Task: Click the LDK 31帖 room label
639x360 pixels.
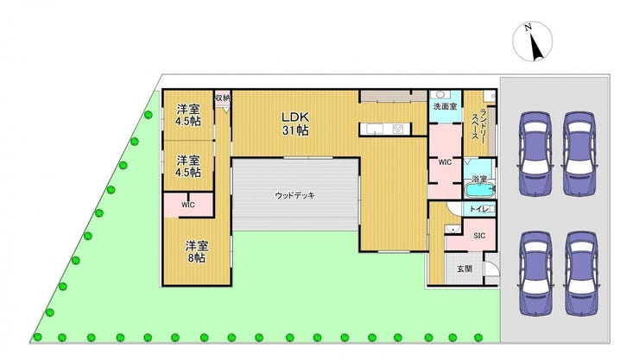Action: pyautogui.click(x=295, y=123)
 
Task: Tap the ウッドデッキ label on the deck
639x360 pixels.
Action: pyautogui.click(x=295, y=195)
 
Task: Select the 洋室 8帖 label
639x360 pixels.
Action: pyautogui.click(x=197, y=252)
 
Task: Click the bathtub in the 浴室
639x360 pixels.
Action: pyautogui.click(x=480, y=190)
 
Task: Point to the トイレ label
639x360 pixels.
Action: pyautogui.click(x=479, y=209)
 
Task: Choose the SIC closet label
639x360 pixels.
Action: pyautogui.click(x=479, y=236)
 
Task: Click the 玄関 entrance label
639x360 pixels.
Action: pyautogui.click(x=465, y=268)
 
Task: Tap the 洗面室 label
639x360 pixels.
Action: pyautogui.click(x=445, y=107)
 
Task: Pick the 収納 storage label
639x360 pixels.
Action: pyautogui.click(x=223, y=98)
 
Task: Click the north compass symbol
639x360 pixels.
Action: pyautogui.click(x=533, y=41)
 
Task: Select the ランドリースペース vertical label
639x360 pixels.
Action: pyautogui.click(x=479, y=124)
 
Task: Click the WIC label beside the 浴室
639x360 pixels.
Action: pyautogui.click(x=445, y=162)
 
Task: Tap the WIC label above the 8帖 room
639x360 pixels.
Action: pyautogui.click(x=188, y=205)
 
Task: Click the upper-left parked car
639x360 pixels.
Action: pyautogui.click(x=535, y=154)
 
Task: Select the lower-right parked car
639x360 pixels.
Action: pyautogui.click(x=581, y=274)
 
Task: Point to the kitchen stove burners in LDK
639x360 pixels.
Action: pyautogui.click(x=398, y=129)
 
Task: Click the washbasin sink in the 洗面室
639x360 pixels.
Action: pyautogui.click(x=440, y=95)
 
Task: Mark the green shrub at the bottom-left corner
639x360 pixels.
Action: pyautogui.click(x=37, y=338)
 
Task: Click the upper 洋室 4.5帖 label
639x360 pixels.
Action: pyautogui.click(x=188, y=115)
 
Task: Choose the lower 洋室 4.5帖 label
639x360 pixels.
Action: pyautogui.click(x=188, y=166)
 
